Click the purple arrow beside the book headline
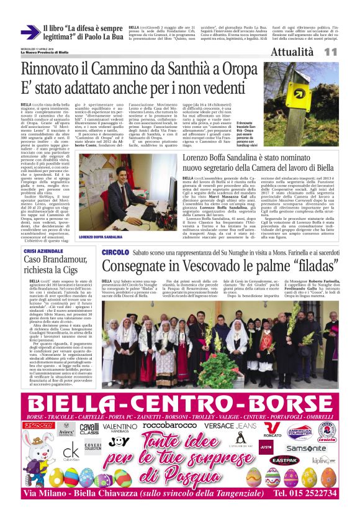point(29,32)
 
